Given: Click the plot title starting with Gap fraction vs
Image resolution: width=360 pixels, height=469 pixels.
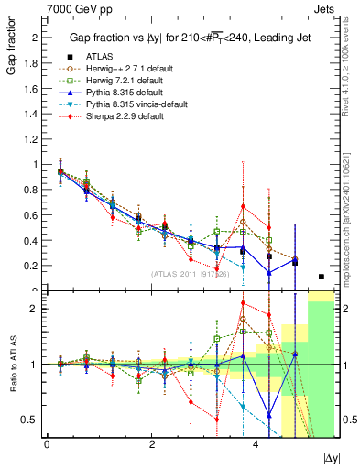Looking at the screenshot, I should coord(183,38).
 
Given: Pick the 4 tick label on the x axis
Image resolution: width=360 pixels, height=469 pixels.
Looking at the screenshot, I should coord(254,444).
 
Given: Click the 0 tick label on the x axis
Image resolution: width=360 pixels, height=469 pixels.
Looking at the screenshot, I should coord(47,444).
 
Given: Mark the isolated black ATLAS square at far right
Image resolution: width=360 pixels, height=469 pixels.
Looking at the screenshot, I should coord(321,277).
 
